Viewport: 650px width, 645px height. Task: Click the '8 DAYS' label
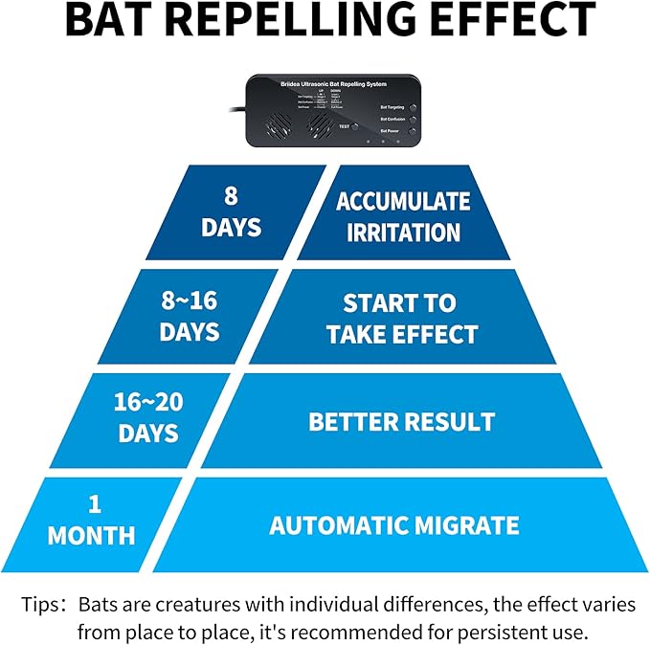[x=232, y=213]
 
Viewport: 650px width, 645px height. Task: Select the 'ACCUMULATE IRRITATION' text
[x=403, y=216]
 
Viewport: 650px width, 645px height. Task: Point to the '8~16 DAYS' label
[x=190, y=318]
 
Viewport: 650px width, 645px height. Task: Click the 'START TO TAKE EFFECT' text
[x=401, y=319]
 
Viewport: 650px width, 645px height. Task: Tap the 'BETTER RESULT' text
[x=401, y=421]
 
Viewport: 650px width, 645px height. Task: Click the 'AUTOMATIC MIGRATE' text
[x=393, y=525]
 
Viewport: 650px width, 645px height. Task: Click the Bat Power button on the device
[x=413, y=129]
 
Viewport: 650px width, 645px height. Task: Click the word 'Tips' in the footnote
[x=42, y=606]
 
